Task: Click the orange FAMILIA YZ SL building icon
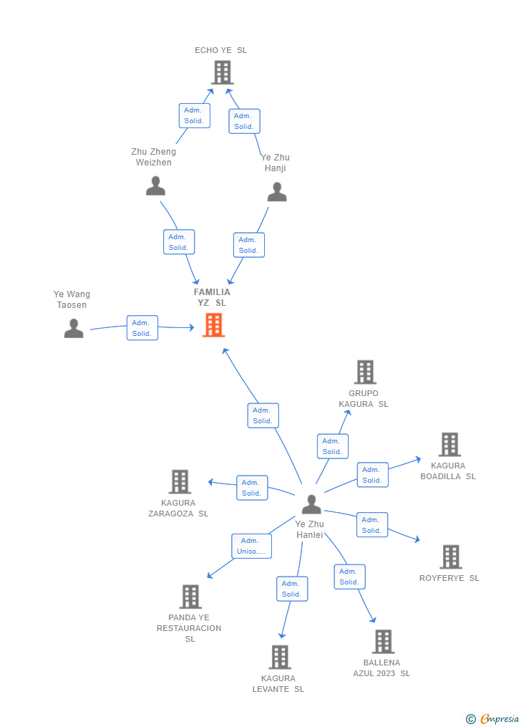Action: [x=213, y=324]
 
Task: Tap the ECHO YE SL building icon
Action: [x=223, y=73]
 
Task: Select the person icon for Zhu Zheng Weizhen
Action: [x=155, y=186]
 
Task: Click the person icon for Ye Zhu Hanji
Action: [x=277, y=191]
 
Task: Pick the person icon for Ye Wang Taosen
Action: [x=74, y=328]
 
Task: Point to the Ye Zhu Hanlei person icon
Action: [x=311, y=504]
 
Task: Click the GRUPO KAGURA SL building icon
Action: [x=365, y=372]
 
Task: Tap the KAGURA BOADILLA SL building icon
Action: [x=449, y=444]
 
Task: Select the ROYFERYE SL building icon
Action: [x=451, y=557]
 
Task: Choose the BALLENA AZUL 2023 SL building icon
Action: [x=384, y=641]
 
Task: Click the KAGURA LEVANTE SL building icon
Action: [x=281, y=657]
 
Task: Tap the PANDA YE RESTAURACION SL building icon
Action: [x=190, y=596]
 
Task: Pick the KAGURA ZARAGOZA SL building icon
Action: [x=180, y=481]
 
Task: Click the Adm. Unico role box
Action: [x=251, y=546]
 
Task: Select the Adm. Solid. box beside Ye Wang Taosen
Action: [x=142, y=328]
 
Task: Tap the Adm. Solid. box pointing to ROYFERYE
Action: [x=372, y=525]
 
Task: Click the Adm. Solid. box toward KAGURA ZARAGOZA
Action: [x=252, y=488]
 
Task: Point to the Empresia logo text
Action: [x=500, y=718]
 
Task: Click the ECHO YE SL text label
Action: [x=220, y=50]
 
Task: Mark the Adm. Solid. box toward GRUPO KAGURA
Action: [x=333, y=446]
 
